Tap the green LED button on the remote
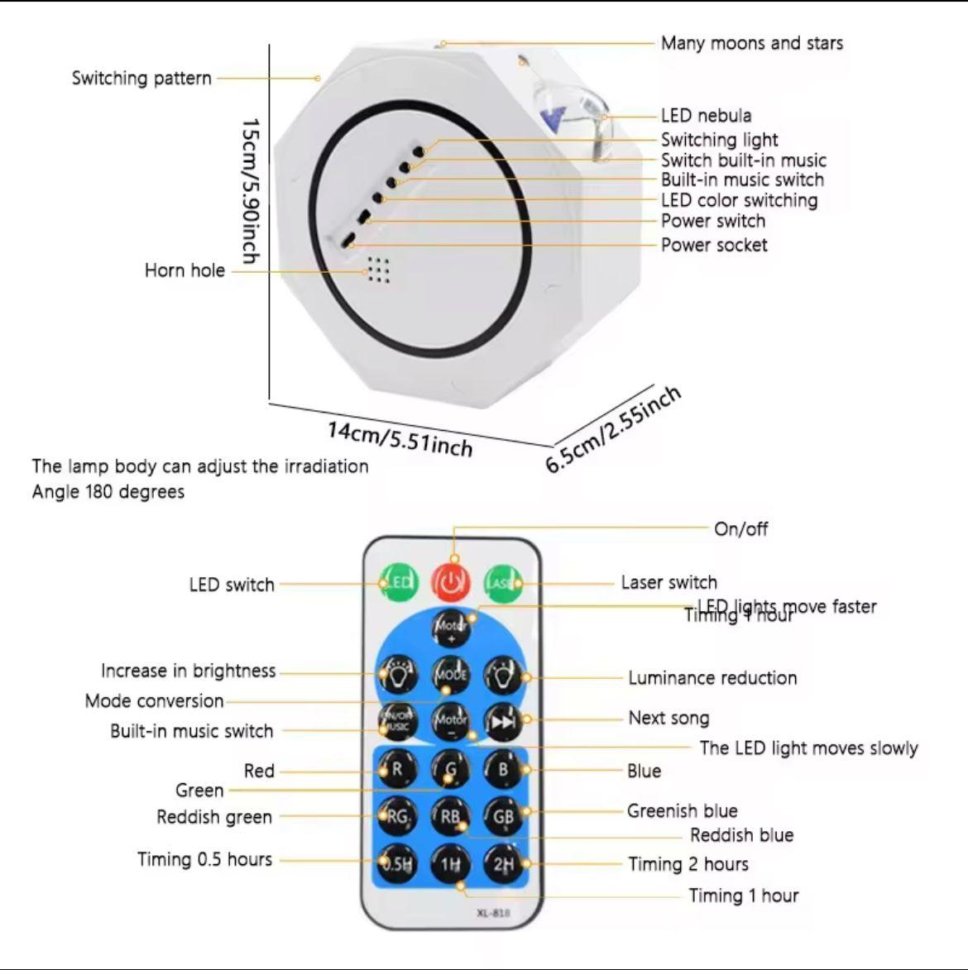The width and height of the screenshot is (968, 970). tap(399, 583)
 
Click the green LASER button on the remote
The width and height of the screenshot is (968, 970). tap(503, 583)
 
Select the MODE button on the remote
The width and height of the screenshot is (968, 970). tap(451, 675)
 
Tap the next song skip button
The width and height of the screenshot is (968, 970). tap(503, 722)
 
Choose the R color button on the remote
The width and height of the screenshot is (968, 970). tap(398, 769)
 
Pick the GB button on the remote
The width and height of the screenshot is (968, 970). tap(503, 817)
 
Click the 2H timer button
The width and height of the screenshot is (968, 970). tap(503, 864)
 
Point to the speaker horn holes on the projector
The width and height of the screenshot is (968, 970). tap(377, 269)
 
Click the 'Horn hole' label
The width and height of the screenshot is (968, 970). tap(184, 270)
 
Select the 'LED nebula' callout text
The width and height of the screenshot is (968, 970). tap(706, 116)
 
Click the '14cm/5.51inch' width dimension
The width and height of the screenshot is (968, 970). tap(400, 438)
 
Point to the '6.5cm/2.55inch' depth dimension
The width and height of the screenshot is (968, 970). tap(613, 428)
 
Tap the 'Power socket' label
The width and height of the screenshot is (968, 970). tap(713, 245)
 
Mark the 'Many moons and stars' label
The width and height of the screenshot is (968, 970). tap(751, 43)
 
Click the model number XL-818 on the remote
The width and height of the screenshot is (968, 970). tap(494, 913)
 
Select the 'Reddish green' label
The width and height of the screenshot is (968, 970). tap(214, 817)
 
